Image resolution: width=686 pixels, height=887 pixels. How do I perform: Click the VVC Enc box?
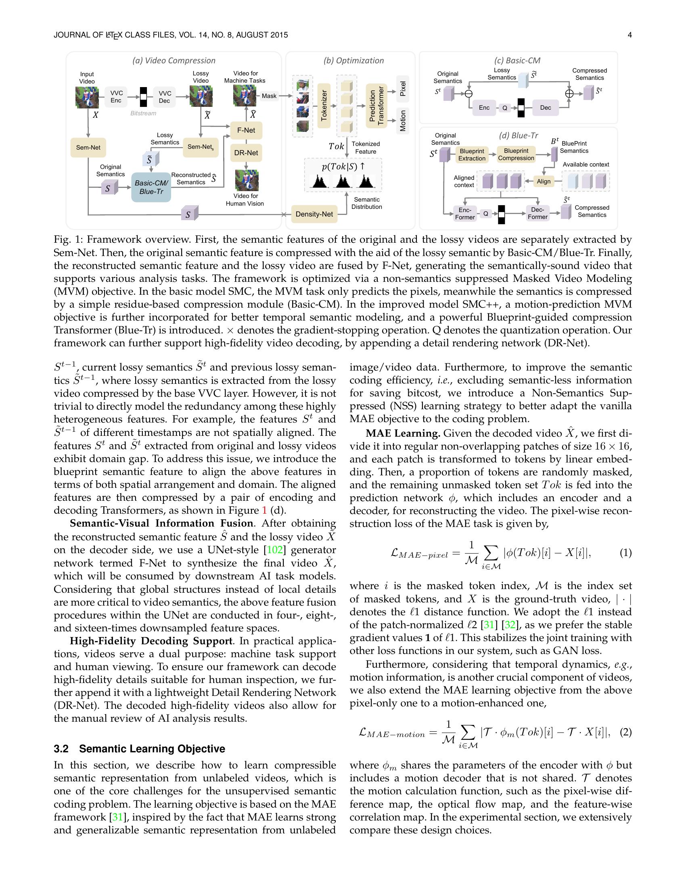pos(116,97)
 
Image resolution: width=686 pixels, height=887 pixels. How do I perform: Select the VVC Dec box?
pos(164,97)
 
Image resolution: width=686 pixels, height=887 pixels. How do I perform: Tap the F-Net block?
pos(246,130)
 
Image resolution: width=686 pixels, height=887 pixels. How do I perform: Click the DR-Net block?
pos(246,153)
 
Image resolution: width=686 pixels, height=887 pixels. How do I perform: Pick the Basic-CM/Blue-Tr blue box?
pos(151,187)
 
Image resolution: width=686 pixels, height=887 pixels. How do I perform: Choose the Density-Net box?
pos(314,214)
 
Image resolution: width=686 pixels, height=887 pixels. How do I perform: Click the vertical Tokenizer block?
pos(324,106)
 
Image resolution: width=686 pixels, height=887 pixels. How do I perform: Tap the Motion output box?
pos(402,121)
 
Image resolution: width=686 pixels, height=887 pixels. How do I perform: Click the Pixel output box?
pos(402,89)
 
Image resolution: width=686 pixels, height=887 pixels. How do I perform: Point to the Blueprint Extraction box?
pos(471,155)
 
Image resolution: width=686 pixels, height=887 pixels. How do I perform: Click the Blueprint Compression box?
pos(516,154)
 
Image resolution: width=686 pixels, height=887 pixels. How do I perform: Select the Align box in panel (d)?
pos(544,181)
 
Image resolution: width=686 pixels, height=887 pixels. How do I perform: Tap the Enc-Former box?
pos(465,214)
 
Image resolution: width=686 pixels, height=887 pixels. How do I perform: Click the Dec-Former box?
pos(537,214)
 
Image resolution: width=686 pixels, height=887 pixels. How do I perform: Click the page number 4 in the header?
pos(630,35)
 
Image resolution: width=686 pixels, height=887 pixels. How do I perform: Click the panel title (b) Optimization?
pos(353,60)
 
